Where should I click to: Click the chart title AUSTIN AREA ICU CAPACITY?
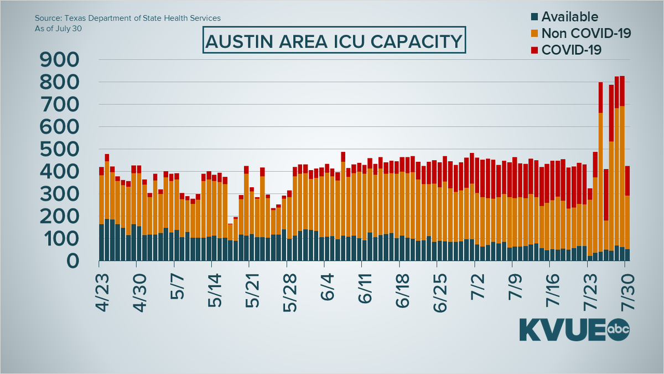tap(332, 41)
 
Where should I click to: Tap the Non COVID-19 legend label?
tap(586, 33)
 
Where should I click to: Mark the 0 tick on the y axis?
tap(77, 261)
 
